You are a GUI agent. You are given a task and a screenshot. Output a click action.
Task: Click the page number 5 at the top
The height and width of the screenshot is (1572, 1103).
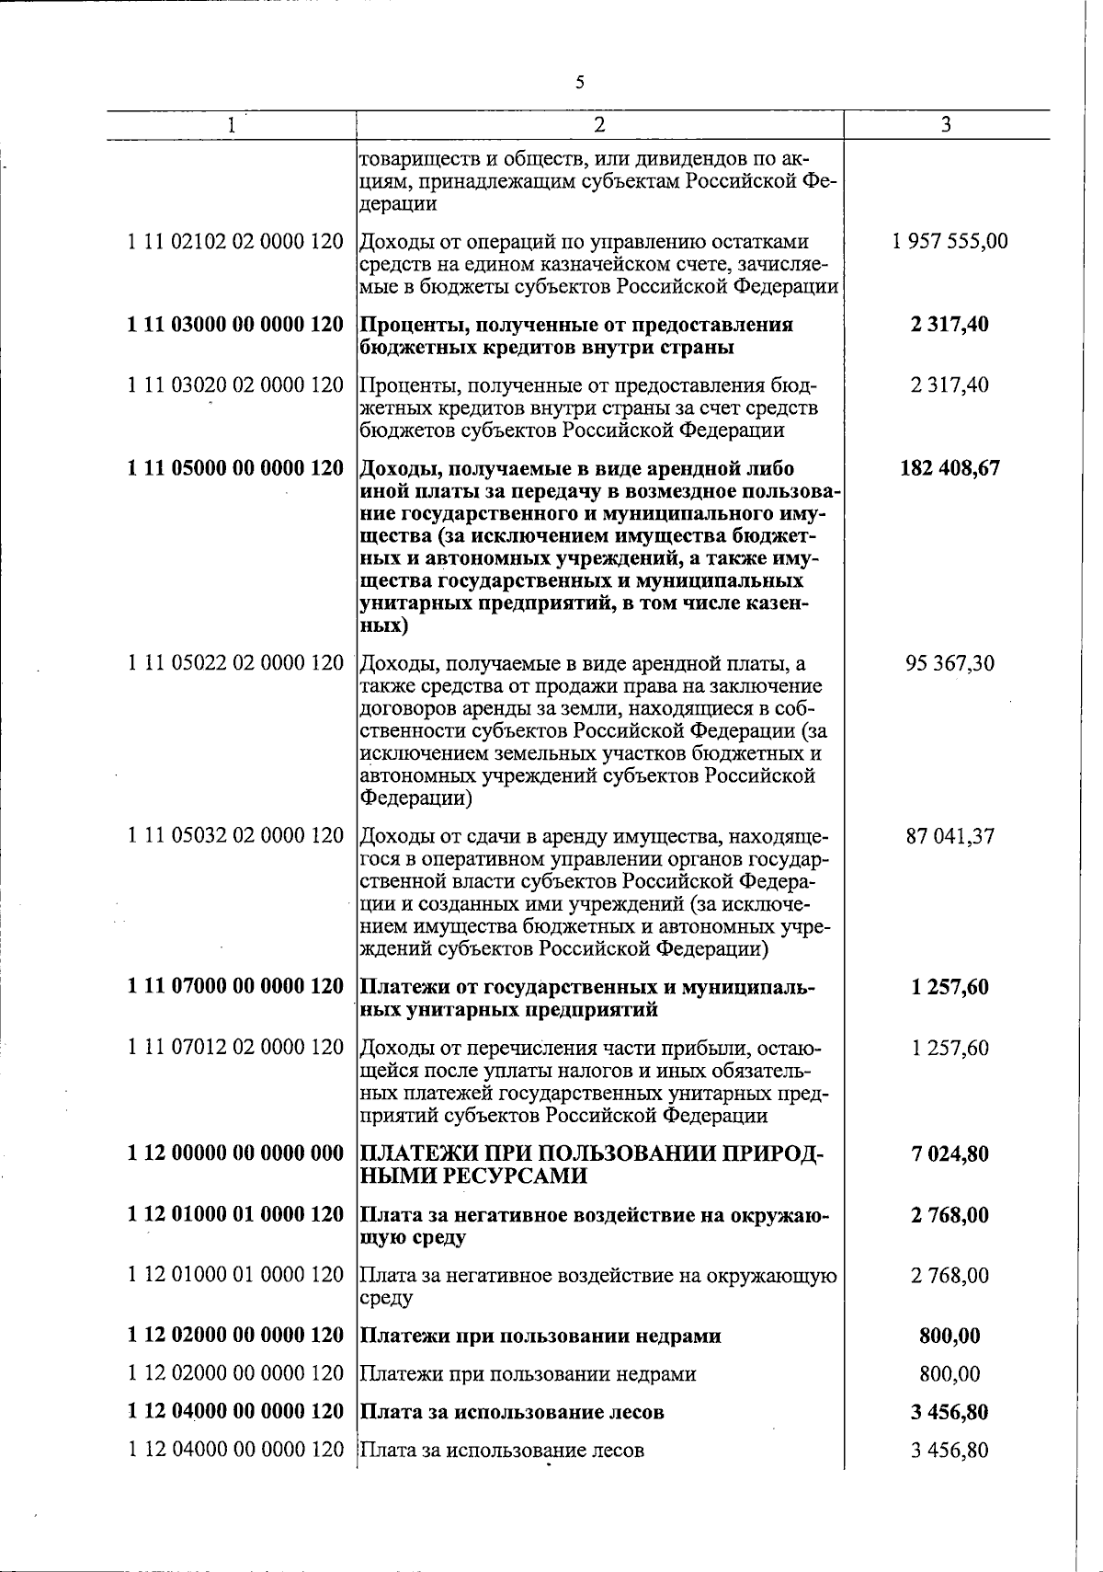coord(579,83)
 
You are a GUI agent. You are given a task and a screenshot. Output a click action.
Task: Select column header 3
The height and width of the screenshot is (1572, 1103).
coord(946,124)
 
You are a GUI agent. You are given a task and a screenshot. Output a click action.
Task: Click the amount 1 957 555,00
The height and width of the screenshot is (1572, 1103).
coord(949,242)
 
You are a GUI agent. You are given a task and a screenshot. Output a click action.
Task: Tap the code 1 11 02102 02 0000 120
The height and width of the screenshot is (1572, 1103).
coord(236,242)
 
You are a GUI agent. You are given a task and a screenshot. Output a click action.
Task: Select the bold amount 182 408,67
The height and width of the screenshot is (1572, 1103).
coord(949,468)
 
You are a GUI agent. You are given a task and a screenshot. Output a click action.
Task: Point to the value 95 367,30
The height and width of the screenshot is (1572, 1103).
coord(949,663)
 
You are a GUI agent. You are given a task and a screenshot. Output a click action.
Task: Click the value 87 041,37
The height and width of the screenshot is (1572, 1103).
coord(949,836)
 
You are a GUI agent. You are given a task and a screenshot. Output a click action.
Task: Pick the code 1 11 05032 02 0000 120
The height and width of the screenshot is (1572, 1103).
coord(236,836)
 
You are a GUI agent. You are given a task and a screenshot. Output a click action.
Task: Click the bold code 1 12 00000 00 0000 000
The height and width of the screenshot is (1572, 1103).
coord(236,1154)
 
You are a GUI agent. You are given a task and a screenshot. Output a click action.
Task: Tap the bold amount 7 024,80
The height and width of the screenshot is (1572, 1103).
coord(949,1154)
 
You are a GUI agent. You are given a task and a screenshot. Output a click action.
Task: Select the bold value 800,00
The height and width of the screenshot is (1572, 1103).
coord(949,1336)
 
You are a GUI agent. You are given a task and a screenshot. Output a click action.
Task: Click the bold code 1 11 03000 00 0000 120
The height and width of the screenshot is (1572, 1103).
coord(236,325)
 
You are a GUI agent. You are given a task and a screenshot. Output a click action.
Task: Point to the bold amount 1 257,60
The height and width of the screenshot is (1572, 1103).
coord(949,987)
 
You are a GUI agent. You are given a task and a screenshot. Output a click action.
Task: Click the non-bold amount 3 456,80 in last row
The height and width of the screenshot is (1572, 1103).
coord(949,1451)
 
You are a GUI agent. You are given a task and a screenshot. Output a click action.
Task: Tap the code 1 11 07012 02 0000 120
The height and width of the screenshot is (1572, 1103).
coord(236,1048)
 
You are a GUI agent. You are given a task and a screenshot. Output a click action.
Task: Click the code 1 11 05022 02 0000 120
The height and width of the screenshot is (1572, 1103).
coord(236,663)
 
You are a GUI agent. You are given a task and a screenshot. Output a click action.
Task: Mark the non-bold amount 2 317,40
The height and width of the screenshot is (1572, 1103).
coord(949,385)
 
